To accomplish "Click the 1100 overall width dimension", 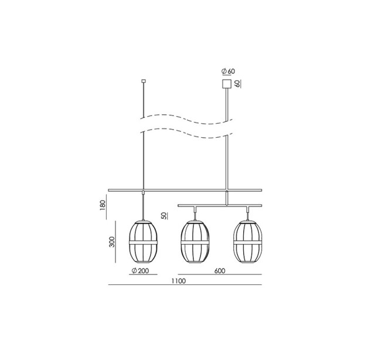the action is point(179,281).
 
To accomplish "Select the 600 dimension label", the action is point(220,271).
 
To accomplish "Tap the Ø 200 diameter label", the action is point(141,271).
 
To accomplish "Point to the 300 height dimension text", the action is point(112,242).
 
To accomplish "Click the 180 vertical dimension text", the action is point(103,206).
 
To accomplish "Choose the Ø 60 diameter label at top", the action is point(228,71).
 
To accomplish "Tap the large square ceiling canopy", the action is point(226,83).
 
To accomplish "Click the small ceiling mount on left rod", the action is point(143,81).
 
